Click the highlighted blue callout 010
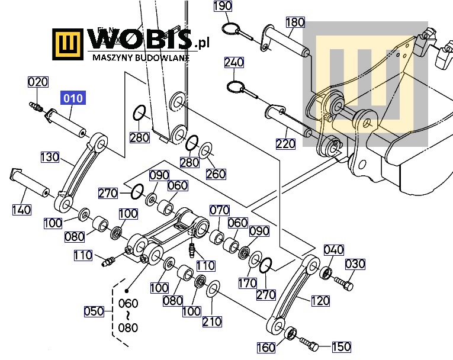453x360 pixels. [73, 98]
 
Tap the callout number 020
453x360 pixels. [38, 82]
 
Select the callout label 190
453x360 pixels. [223, 6]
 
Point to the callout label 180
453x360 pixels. [295, 22]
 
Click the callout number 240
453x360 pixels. [234, 62]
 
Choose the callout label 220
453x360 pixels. [286, 144]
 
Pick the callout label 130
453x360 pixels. [50, 157]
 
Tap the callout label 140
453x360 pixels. [22, 210]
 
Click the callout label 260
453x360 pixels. [216, 174]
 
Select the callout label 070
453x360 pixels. [220, 210]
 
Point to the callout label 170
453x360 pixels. [248, 283]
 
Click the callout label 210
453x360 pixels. [212, 322]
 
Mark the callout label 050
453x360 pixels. [94, 311]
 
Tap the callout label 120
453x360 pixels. [320, 301]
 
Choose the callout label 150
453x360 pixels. [342, 346]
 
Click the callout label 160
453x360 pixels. [266, 348]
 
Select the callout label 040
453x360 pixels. [334, 250]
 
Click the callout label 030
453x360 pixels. [355, 264]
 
